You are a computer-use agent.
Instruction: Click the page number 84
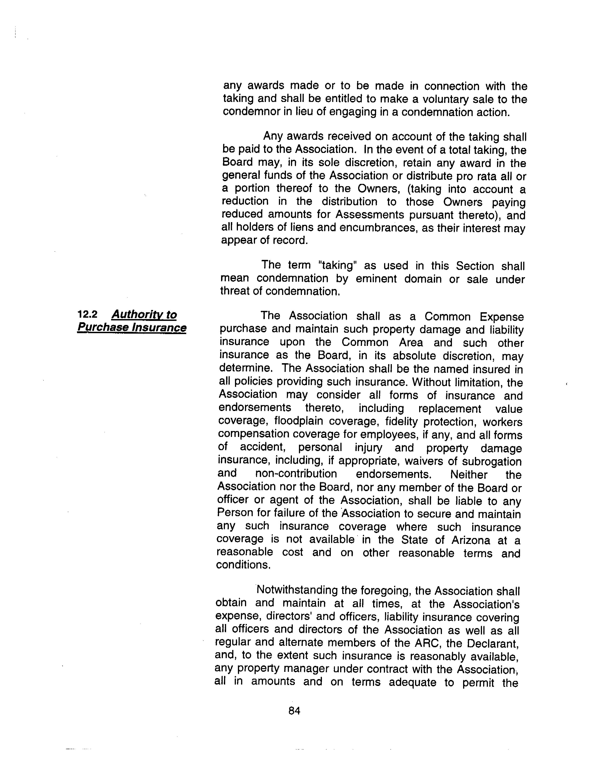click(294, 710)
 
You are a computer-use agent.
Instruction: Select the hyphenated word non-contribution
click(296, 474)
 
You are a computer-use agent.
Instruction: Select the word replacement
click(449, 409)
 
